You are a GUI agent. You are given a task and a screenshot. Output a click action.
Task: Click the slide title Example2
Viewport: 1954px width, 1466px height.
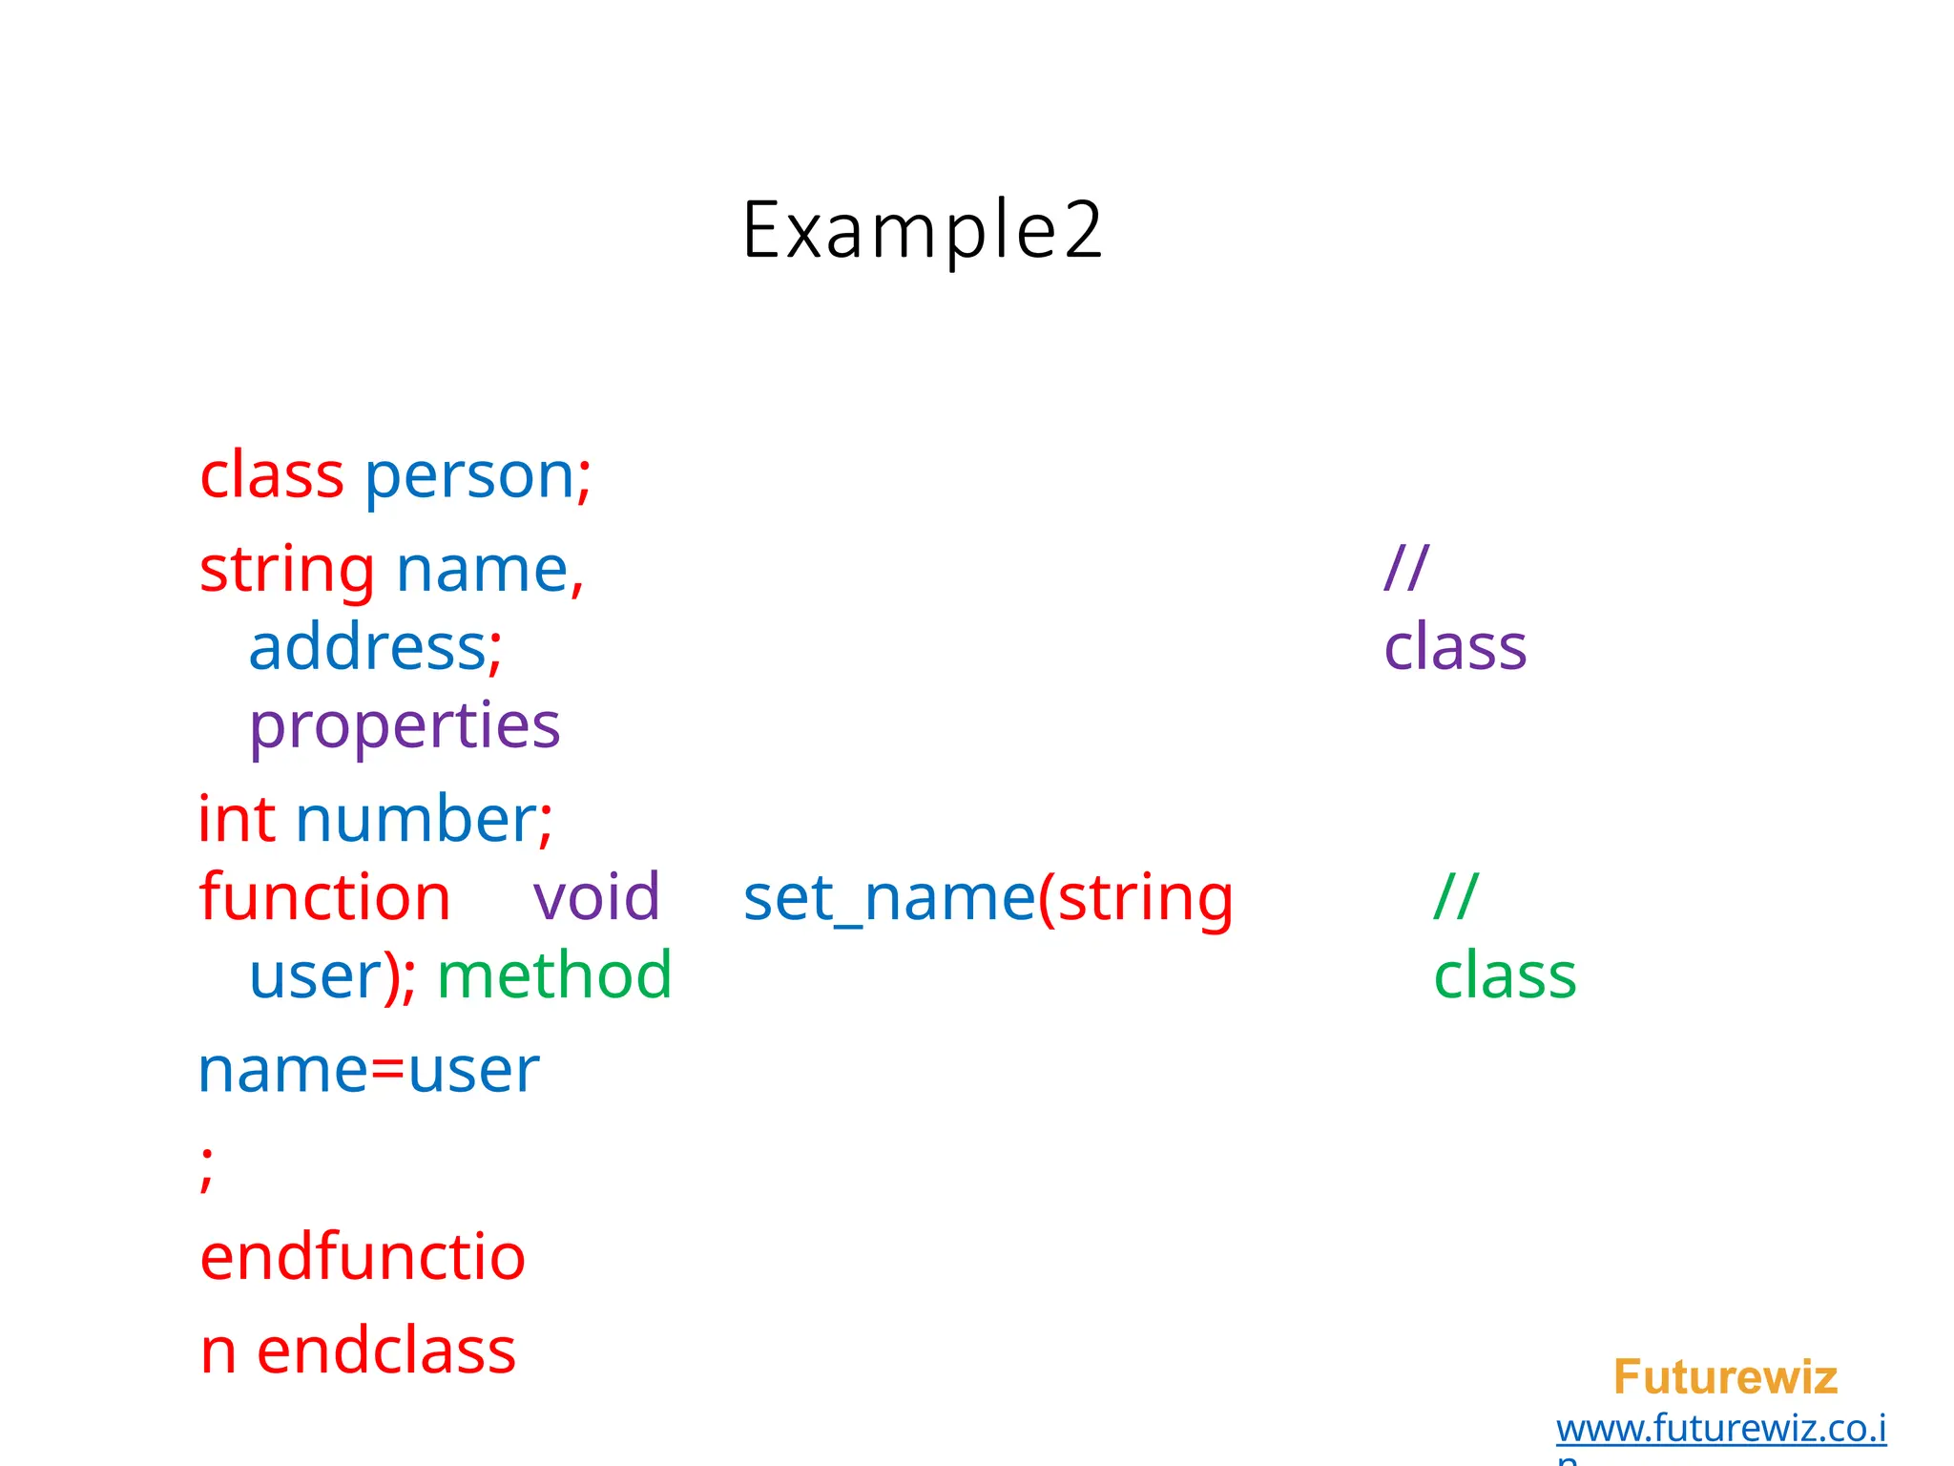point(922,230)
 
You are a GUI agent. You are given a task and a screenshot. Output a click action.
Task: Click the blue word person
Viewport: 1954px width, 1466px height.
point(468,476)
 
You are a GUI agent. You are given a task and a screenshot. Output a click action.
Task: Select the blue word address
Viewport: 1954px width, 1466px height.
point(367,648)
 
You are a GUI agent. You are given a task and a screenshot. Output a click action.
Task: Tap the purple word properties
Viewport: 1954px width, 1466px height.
point(405,727)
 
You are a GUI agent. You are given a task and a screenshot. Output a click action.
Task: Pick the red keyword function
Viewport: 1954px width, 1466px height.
point(324,898)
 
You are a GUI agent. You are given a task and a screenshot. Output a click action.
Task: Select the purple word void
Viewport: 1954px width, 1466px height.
point(596,898)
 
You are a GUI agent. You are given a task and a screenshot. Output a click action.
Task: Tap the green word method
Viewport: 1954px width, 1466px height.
point(554,975)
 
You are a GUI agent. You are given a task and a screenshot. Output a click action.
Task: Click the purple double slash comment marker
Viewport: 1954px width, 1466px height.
point(1406,568)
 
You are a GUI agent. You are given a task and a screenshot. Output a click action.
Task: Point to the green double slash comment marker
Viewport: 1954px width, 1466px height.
point(1456,896)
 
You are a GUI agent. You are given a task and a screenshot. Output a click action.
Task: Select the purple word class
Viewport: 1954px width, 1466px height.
point(1455,648)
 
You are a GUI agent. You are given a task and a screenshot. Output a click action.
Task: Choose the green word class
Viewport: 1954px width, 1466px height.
point(1505,976)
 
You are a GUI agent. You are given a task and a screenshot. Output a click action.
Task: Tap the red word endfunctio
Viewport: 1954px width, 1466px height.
point(363,1257)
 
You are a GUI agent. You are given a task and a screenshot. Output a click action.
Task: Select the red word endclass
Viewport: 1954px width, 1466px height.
point(386,1351)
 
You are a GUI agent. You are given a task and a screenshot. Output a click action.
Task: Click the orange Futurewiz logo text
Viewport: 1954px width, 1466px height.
point(1725,1377)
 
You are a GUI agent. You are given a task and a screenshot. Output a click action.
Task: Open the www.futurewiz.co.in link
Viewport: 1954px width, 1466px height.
point(1721,1429)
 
